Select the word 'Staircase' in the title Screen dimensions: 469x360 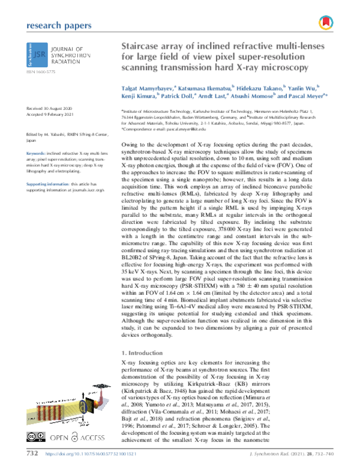point(144,46)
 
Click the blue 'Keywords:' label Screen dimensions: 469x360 point(37,154)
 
